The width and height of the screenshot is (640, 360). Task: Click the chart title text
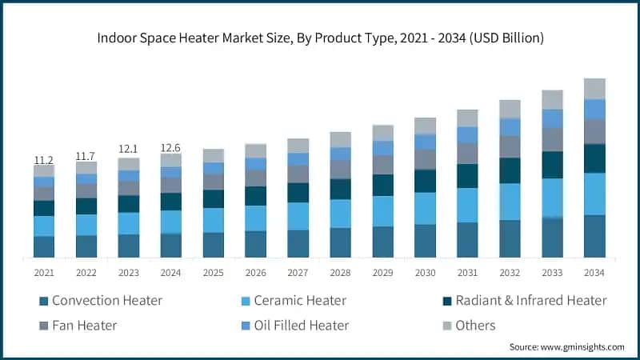tap(320, 37)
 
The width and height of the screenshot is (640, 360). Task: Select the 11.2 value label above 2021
tap(44, 159)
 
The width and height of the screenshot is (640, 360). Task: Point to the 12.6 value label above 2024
tap(171, 147)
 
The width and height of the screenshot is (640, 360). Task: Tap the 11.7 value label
tap(86, 155)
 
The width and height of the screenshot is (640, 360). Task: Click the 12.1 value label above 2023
tap(129, 150)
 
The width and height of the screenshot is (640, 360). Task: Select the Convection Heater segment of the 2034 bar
tap(594, 236)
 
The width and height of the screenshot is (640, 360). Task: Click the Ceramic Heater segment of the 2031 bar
tap(467, 205)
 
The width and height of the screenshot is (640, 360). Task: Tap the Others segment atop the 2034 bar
tap(594, 88)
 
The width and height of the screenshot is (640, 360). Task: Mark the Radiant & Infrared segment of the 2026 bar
tap(255, 196)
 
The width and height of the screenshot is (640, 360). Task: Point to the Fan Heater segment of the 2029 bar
tap(382, 165)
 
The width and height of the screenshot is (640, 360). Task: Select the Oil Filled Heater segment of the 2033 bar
tap(552, 118)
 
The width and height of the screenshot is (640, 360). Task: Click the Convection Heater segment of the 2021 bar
tap(44, 246)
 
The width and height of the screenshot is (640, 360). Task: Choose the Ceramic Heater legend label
tap(300, 301)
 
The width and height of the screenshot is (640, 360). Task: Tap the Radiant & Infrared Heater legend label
tap(531, 301)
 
